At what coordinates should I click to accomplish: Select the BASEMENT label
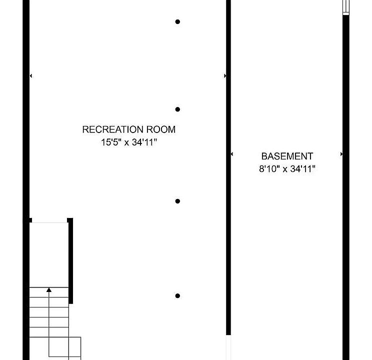click(287, 156)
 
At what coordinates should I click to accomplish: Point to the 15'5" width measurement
click(110, 142)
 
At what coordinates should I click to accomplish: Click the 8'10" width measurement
click(268, 169)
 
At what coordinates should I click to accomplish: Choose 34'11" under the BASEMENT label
click(302, 169)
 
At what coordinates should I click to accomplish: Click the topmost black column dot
click(177, 22)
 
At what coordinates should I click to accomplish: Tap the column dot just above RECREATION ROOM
click(177, 109)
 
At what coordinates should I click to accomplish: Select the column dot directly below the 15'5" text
click(177, 201)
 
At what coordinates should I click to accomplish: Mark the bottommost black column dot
click(177, 296)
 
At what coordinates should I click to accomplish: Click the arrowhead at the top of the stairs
click(49, 289)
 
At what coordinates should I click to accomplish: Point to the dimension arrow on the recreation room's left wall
click(31, 76)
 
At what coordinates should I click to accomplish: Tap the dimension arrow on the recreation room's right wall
click(225, 76)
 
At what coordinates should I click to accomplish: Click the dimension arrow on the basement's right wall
click(341, 154)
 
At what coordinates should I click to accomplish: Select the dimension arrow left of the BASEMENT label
click(232, 154)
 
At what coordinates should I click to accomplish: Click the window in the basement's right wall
click(345, 7)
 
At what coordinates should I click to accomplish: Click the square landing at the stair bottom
click(64, 348)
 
